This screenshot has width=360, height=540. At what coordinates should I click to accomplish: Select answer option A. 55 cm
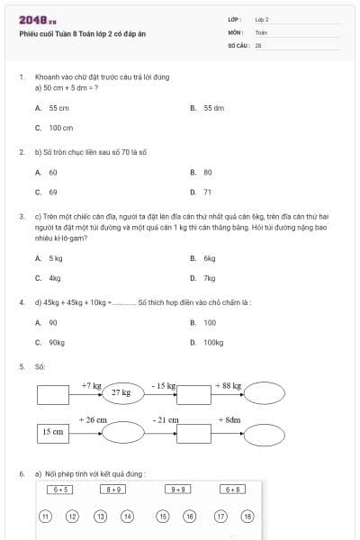(52, 107)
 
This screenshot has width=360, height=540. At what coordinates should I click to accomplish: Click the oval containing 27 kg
(121, 393)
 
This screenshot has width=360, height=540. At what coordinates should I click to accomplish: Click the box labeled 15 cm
(53, 432)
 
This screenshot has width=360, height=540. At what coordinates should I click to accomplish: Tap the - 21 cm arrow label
(165, 420)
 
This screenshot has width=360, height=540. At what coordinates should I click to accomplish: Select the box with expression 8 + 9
(114, 490)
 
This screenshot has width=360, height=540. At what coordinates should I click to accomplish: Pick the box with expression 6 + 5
(61, 490)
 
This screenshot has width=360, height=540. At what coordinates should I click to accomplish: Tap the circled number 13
(101, 517)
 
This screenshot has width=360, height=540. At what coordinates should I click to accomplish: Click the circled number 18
(248, 517)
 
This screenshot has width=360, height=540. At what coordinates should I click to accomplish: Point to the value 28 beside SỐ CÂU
(258, 44)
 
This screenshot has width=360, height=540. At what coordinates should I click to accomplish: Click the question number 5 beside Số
(21, 366)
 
